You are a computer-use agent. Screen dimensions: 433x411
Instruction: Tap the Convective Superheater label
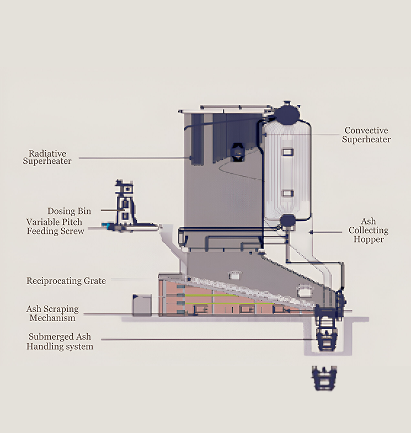coord(366,135)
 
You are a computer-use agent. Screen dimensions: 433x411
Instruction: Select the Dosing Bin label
coord(69,211)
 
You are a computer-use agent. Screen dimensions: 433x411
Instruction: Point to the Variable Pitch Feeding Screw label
coord(56,226)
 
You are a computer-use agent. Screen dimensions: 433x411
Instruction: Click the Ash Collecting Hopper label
coord(367,231)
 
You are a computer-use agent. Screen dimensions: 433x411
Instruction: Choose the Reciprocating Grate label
coord(66,281)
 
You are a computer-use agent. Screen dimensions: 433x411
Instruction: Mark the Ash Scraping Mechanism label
coord(52,313)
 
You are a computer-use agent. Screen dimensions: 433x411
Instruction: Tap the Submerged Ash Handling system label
coord(61,341)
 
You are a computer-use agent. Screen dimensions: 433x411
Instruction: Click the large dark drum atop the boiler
coord(286,114)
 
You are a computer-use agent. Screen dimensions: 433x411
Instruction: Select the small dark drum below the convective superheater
coord(287,221)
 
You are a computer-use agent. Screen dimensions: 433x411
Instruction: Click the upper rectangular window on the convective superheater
coord(287,152)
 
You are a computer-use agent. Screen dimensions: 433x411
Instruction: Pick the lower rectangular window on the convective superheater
coord(287,193)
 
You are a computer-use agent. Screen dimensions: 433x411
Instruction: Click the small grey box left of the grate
coord(142,304)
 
